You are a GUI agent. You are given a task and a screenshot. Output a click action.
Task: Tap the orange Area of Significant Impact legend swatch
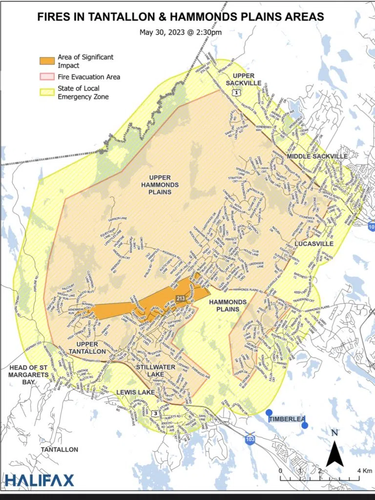[47, 61]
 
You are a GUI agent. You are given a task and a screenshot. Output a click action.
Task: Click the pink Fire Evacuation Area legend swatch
[47, 77]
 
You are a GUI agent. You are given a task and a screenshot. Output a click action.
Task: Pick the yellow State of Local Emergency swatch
[47, 92]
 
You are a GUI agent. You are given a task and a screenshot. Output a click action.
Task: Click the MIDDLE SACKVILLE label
[317, 156]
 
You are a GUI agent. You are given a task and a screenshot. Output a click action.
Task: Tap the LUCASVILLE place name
[314, 243]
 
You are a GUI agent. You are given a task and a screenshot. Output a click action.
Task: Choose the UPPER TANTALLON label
[91, 348]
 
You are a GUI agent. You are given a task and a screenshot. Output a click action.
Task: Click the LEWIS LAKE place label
[136, 392]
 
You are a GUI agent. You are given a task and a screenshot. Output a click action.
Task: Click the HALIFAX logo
[40, 480]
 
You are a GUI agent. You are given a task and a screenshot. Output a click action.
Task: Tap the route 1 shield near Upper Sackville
[236, 92]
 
